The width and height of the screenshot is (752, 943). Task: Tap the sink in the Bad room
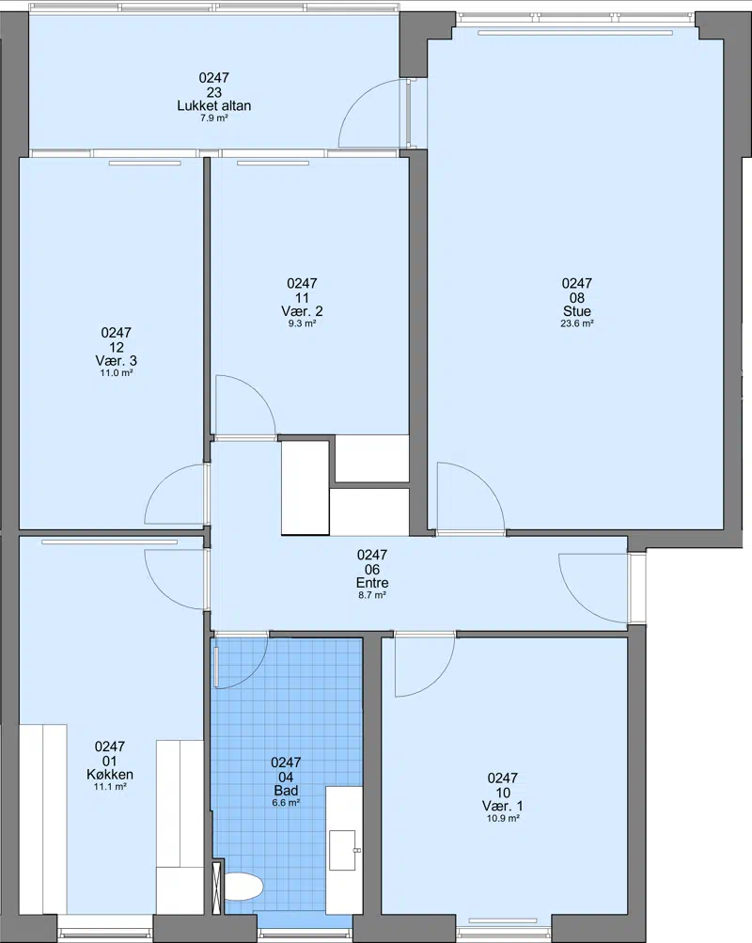pyautogui.click(x=344, y=850)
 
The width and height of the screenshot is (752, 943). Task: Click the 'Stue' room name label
pyautogui.click(x=577, y=311)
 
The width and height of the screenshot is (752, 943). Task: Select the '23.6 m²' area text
pyautogui.click(x=577, y=323)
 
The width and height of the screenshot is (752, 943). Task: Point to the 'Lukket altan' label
pyautogui.click(x=214, y=106)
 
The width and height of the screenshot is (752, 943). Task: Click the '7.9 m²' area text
pyautogui.click(x=214, y=118)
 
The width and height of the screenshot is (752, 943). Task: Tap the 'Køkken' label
pyautogui.click(x=110, y=775)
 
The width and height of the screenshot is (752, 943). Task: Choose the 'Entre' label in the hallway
pyautogui.click(x=372, y=583)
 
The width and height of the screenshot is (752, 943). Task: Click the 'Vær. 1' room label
pyautogui.click(x=503, y=807)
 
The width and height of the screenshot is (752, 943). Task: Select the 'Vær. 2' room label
pyautogui.click(x=302, y=311)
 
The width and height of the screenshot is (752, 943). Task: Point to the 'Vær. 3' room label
pyautogui.click(x=116, y=361)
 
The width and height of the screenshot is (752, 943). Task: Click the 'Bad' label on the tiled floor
pyautogui.click(x=286, y=791)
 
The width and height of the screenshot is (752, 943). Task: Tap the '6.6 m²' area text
pyautogui.click(x=286, y=803)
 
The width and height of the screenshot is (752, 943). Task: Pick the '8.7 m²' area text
pyautogui.click(x=372, y=595)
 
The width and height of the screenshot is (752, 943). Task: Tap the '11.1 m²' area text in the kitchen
pyautogui.click(x=110, y=787)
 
